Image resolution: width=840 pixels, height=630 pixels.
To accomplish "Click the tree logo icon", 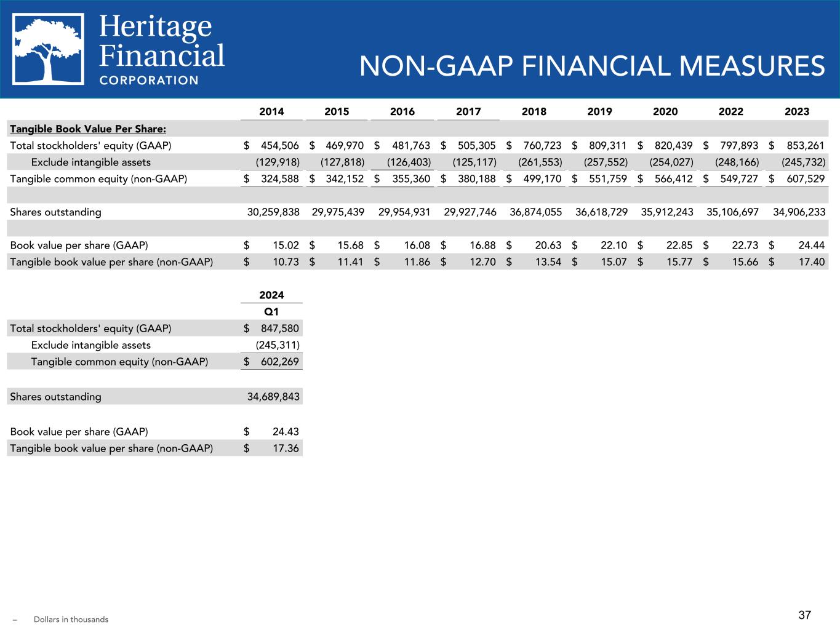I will [49, 49].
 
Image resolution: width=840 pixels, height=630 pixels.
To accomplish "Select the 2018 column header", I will [534, 111].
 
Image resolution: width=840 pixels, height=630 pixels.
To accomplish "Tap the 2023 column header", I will [797, 111].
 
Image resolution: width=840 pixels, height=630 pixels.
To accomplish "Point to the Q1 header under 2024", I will [271, 312].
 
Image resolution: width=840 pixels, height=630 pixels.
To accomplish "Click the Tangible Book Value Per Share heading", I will [88, 129].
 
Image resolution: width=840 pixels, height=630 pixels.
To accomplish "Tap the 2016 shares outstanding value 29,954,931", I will [404, 212].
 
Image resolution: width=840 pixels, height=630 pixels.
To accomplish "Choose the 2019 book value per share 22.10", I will [613, 245].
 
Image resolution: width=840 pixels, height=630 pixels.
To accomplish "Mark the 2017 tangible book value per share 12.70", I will [482, 262].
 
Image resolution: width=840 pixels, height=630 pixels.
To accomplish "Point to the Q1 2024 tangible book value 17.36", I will [285, 449].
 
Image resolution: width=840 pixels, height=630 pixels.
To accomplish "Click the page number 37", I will [805, 615].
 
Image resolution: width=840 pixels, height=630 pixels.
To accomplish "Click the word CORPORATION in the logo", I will [149, 80].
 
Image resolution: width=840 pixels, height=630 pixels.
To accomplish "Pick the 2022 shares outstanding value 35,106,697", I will [732, 212].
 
